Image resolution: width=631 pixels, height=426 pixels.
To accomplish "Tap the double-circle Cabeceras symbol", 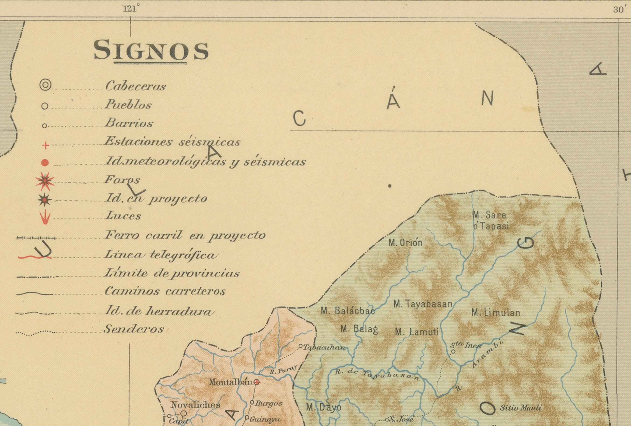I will click(x=45, y=85).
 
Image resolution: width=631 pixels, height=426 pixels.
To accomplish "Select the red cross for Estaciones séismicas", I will click(x=46, y=146).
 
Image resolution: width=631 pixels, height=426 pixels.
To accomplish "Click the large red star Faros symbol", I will click(x=45, y=181).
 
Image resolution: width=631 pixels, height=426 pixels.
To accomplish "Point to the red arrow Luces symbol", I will click(x=45, y=217).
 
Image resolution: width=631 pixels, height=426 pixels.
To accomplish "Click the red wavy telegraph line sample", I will click(x=34, y=257).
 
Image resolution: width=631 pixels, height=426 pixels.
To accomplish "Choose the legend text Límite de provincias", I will click(x=172, y=273).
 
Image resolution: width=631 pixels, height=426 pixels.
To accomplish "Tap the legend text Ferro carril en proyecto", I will click(x=185, y=235).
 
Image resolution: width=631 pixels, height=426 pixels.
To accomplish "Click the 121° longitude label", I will click(x=131, y=9).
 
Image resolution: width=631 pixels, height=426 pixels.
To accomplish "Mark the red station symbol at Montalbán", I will click(x=257, y=382).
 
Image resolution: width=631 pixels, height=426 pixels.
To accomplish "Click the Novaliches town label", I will click(x=195, y=405).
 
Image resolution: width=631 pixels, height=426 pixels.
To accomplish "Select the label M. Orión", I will click(x=405, y=242).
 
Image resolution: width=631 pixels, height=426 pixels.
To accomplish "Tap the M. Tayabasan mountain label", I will click(x=423, y=304).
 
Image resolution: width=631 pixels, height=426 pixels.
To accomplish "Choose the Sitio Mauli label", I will click(x=520, y=408).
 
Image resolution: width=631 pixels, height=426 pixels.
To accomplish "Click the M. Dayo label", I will click(x=323, y=407).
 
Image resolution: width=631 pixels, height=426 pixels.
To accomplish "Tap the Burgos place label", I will click(x=268, y=403).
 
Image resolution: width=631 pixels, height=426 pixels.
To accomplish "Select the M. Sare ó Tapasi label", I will click(x=490, y=220).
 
